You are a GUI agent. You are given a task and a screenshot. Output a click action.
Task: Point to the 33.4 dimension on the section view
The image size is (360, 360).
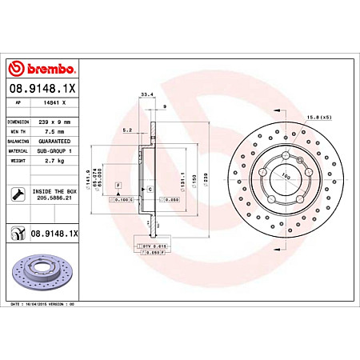pos(147,94)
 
